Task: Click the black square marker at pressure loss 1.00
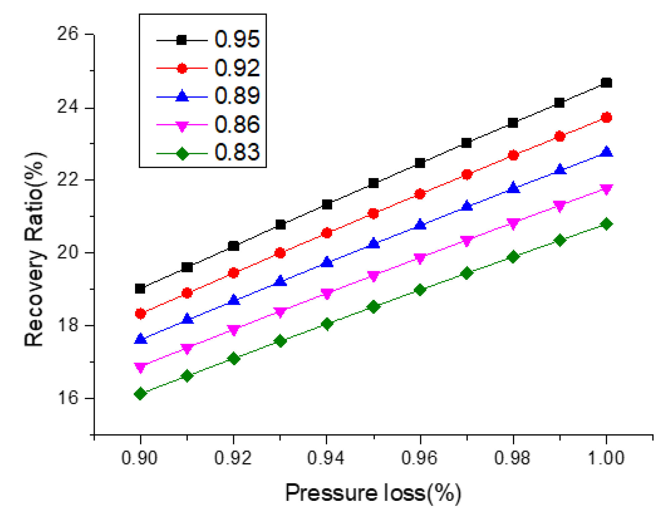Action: (x=606, y=83)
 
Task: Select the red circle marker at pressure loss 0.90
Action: (x=140, y=313)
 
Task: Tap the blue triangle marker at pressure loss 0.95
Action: (x=373, y=243)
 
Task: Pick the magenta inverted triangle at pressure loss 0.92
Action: (x=233, y=330)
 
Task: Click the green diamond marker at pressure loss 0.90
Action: (x=140, y=393)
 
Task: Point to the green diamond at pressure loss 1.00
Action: (x=606, y=224)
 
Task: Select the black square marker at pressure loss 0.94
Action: (x=327, y=204)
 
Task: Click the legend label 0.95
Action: (x=237, y=39)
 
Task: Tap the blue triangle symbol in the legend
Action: (x=182, y=96)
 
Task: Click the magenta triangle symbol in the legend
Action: (x=182, y=126)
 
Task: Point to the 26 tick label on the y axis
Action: (x=68, y=34)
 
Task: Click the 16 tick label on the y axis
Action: (x=68, y=398)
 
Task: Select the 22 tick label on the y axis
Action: (x=68, y=180)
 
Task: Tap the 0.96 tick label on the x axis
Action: (x=419, y=458)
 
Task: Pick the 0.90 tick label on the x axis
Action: (x=139, y=458)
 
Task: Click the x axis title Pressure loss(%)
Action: (x=373, y=493)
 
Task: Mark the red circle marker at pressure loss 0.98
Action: (x=513, y=155)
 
